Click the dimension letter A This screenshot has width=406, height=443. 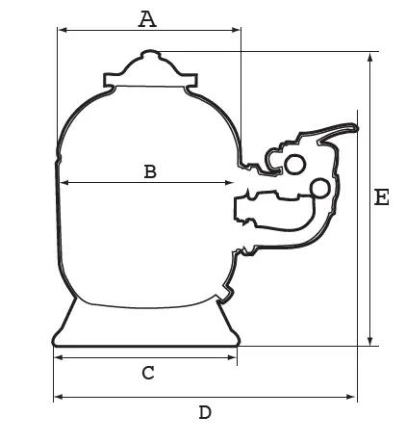click(x=147, y=19)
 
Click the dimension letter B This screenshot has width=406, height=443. click(x=150, y=171)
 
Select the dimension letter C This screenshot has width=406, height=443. click(x=148, y=373)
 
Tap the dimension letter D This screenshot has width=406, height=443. click(x=205, y=412)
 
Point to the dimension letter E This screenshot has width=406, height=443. click(x=382, y=197)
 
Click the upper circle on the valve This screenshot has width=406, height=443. click(x=294, y=165)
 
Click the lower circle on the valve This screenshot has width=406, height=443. click(x=319, y=188)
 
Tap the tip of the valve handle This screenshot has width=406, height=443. click(x=357, y=128)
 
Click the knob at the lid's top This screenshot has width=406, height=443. click(x=150, y=53)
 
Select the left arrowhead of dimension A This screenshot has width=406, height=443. click(x=63, y=30)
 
